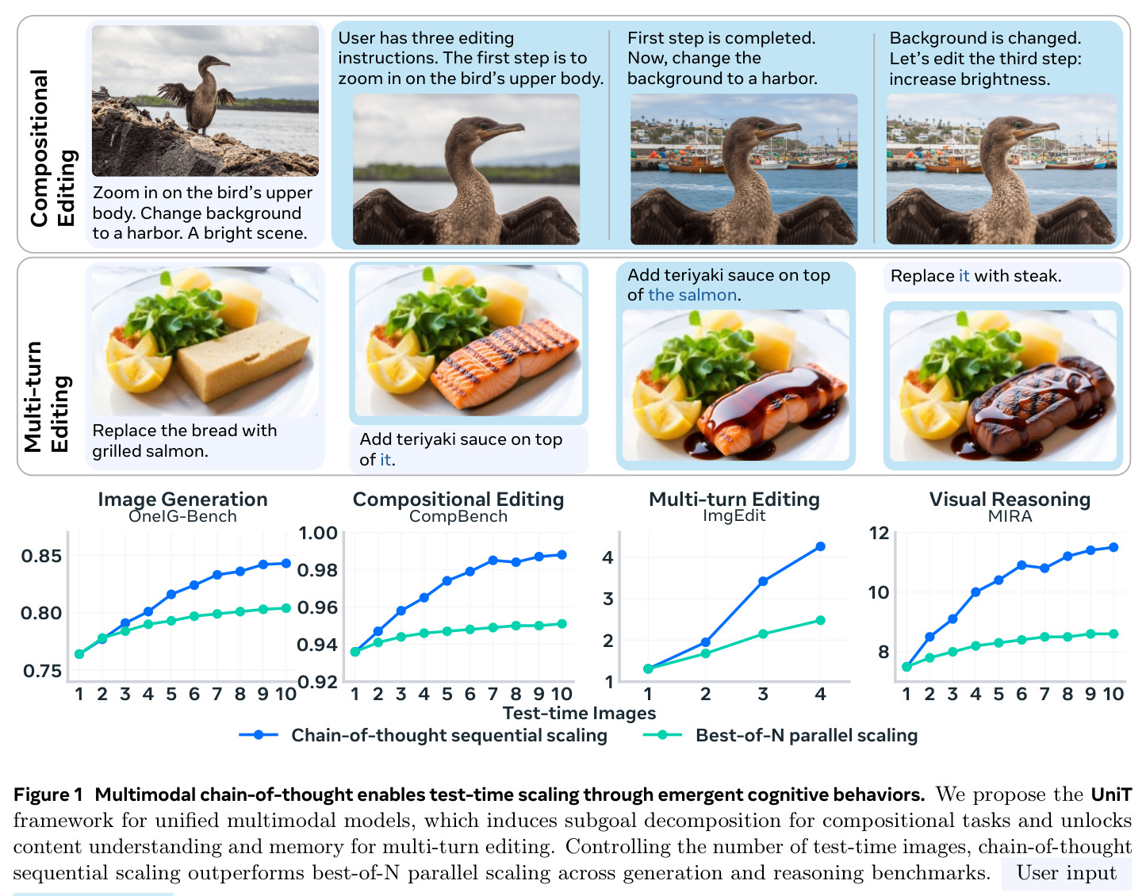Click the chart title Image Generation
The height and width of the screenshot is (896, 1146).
pos(182,499)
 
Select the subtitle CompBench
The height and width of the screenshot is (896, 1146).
pos(458,516)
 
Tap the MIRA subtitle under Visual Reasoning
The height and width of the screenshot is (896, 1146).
pos(1010,516)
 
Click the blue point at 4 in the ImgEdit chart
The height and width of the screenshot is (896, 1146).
pos(820,546)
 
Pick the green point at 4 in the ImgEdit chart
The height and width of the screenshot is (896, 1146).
pos(820,620)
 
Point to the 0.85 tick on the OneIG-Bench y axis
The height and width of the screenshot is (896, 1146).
pos(41,556)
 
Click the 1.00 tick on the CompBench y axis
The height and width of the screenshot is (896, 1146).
pos(317,533)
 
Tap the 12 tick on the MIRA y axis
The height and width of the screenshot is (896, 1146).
pos(879,533)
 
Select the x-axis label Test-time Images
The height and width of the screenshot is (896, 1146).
pos(579,713)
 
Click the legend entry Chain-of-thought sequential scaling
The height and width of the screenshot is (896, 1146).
pos(449,735)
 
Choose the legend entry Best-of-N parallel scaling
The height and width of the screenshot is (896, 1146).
pos(807,735)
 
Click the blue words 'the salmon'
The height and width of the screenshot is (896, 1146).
pos(692,295)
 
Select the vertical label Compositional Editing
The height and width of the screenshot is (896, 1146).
pos(52,148)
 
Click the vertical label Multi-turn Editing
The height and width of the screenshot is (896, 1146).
pos(47,397)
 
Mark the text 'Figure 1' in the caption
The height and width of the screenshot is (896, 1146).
pos(48,795)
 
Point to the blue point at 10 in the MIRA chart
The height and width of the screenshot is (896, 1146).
pos(1113,548)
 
